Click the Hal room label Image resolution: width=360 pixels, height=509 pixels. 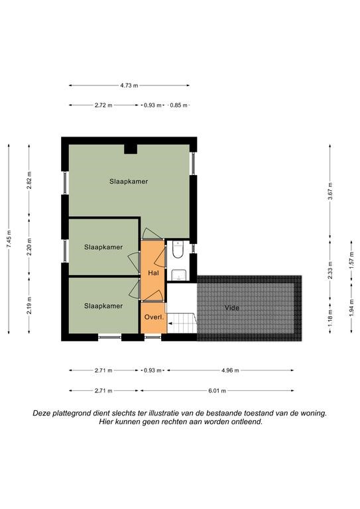point(153,273)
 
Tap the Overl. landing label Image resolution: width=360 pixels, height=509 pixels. point(154,317)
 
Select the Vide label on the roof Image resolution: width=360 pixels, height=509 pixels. point(232,308)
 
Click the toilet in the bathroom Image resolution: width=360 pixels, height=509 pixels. point(178,250)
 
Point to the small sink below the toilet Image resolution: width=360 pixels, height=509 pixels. point(178,274)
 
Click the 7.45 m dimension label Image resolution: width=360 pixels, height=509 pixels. point(9,239)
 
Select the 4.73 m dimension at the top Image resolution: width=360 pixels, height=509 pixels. point(129,85)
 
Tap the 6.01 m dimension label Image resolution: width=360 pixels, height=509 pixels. point(217,391)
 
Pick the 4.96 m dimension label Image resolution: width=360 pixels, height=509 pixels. point(230,370)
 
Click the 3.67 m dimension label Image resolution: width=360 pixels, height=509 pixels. point(330,192)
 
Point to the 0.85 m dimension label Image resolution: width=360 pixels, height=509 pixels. point(179,105)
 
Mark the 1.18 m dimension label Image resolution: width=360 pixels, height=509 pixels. point(330,318)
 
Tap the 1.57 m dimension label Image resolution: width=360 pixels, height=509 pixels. point(351,260)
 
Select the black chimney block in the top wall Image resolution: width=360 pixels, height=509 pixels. point(131,149)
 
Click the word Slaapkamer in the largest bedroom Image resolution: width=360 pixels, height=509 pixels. point(129,182)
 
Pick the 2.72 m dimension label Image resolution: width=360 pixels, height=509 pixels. point(103,105)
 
